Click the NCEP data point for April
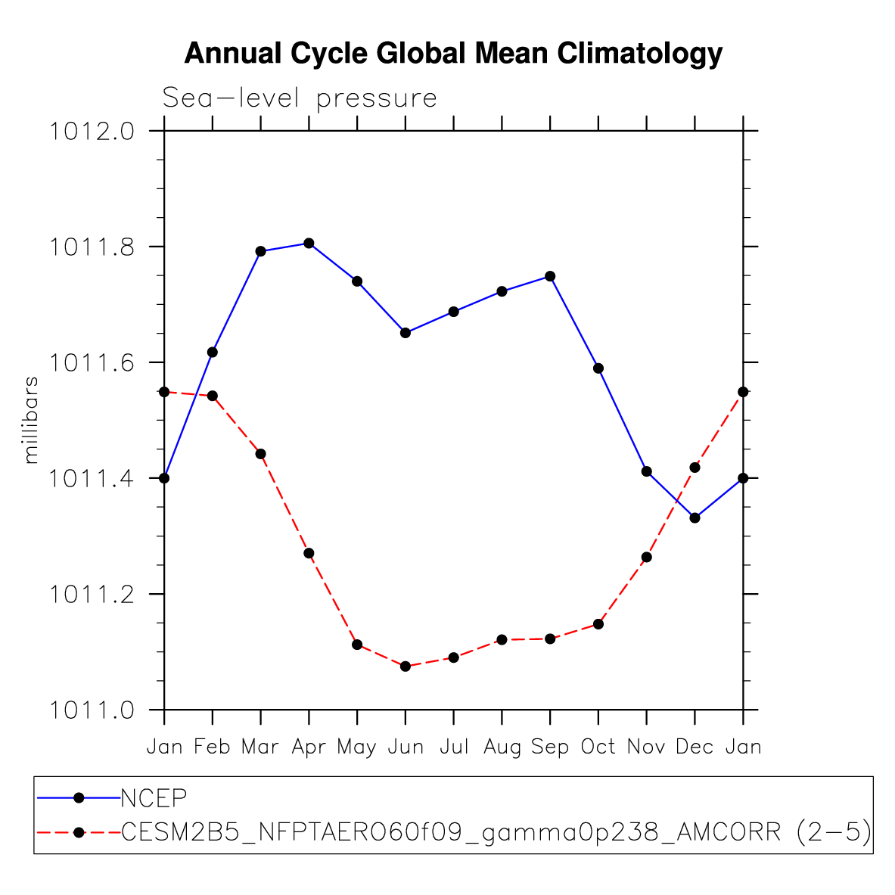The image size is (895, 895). (309, 243)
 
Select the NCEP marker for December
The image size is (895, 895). (695, 517)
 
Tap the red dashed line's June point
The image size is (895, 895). (406, 666)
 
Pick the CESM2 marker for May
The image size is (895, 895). (357, 645)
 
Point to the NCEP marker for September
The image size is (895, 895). (550, 276)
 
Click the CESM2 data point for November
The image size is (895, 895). (646, 557)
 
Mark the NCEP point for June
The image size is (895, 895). (406, 333)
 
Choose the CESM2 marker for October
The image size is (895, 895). (598, 624)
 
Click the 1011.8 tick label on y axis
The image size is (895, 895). (92, 247)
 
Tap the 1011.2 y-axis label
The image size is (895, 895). (92, 595)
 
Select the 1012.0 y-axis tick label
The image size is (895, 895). (92, 132)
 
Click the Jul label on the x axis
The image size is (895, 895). (454, 747)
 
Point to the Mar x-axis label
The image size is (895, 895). (260, 747)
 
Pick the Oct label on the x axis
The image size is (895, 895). (598, 747)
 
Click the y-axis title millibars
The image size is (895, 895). (31, 420)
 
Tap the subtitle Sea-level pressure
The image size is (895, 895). (300, 98)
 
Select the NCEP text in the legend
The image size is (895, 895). (154, 797)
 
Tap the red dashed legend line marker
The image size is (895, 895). (78, 832)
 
